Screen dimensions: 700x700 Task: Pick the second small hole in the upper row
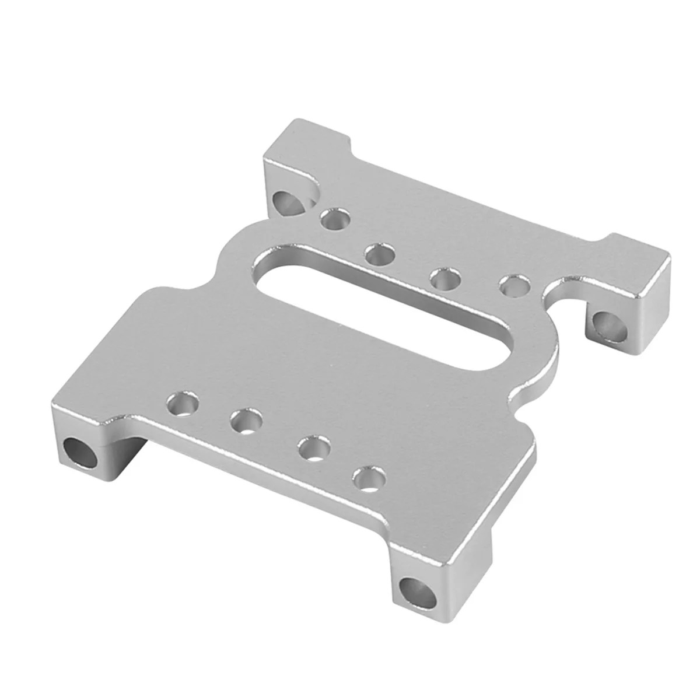[378, 254]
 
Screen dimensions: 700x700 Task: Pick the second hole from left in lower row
[245, 420]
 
